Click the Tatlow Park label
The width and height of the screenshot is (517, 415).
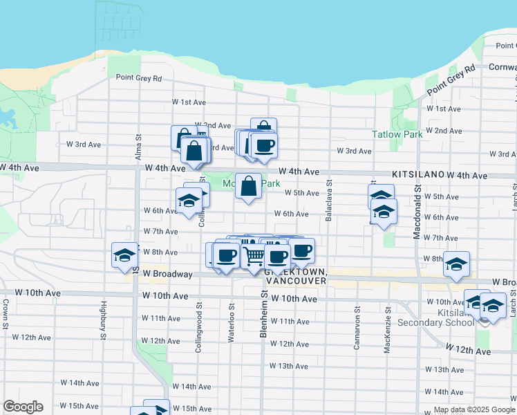click(397, 135)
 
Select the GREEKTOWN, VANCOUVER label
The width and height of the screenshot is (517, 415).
click(294, 277)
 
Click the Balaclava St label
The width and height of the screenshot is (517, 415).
click(329, 207)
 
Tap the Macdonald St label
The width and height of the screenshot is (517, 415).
click(417, 212)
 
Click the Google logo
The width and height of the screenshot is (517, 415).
click(23, 407)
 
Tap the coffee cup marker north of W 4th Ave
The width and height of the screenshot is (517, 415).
click(263, 145)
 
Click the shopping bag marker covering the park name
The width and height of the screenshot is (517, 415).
click(249, 185)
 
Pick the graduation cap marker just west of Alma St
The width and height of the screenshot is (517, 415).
click(124, 255)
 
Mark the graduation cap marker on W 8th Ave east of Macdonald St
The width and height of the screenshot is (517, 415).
click(456, 264)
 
